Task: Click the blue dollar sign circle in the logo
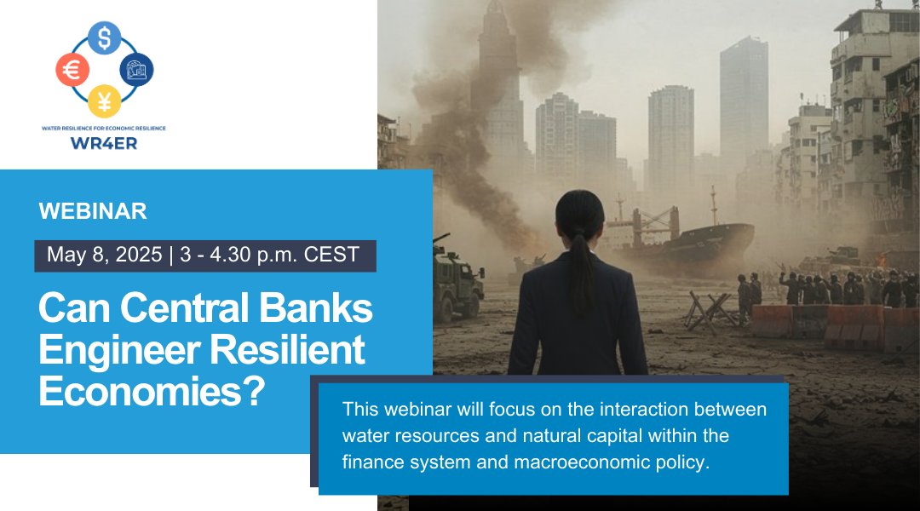pyautogui.click(x=104, y=37)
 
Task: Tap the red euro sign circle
pyautogui.click(x=72, y=70)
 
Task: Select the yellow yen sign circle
pyautogui.click(x=104, y=101)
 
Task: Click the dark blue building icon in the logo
pyautogui.click(x=136, y=70)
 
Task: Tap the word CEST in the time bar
pyautogui.click(x=332, y=255)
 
